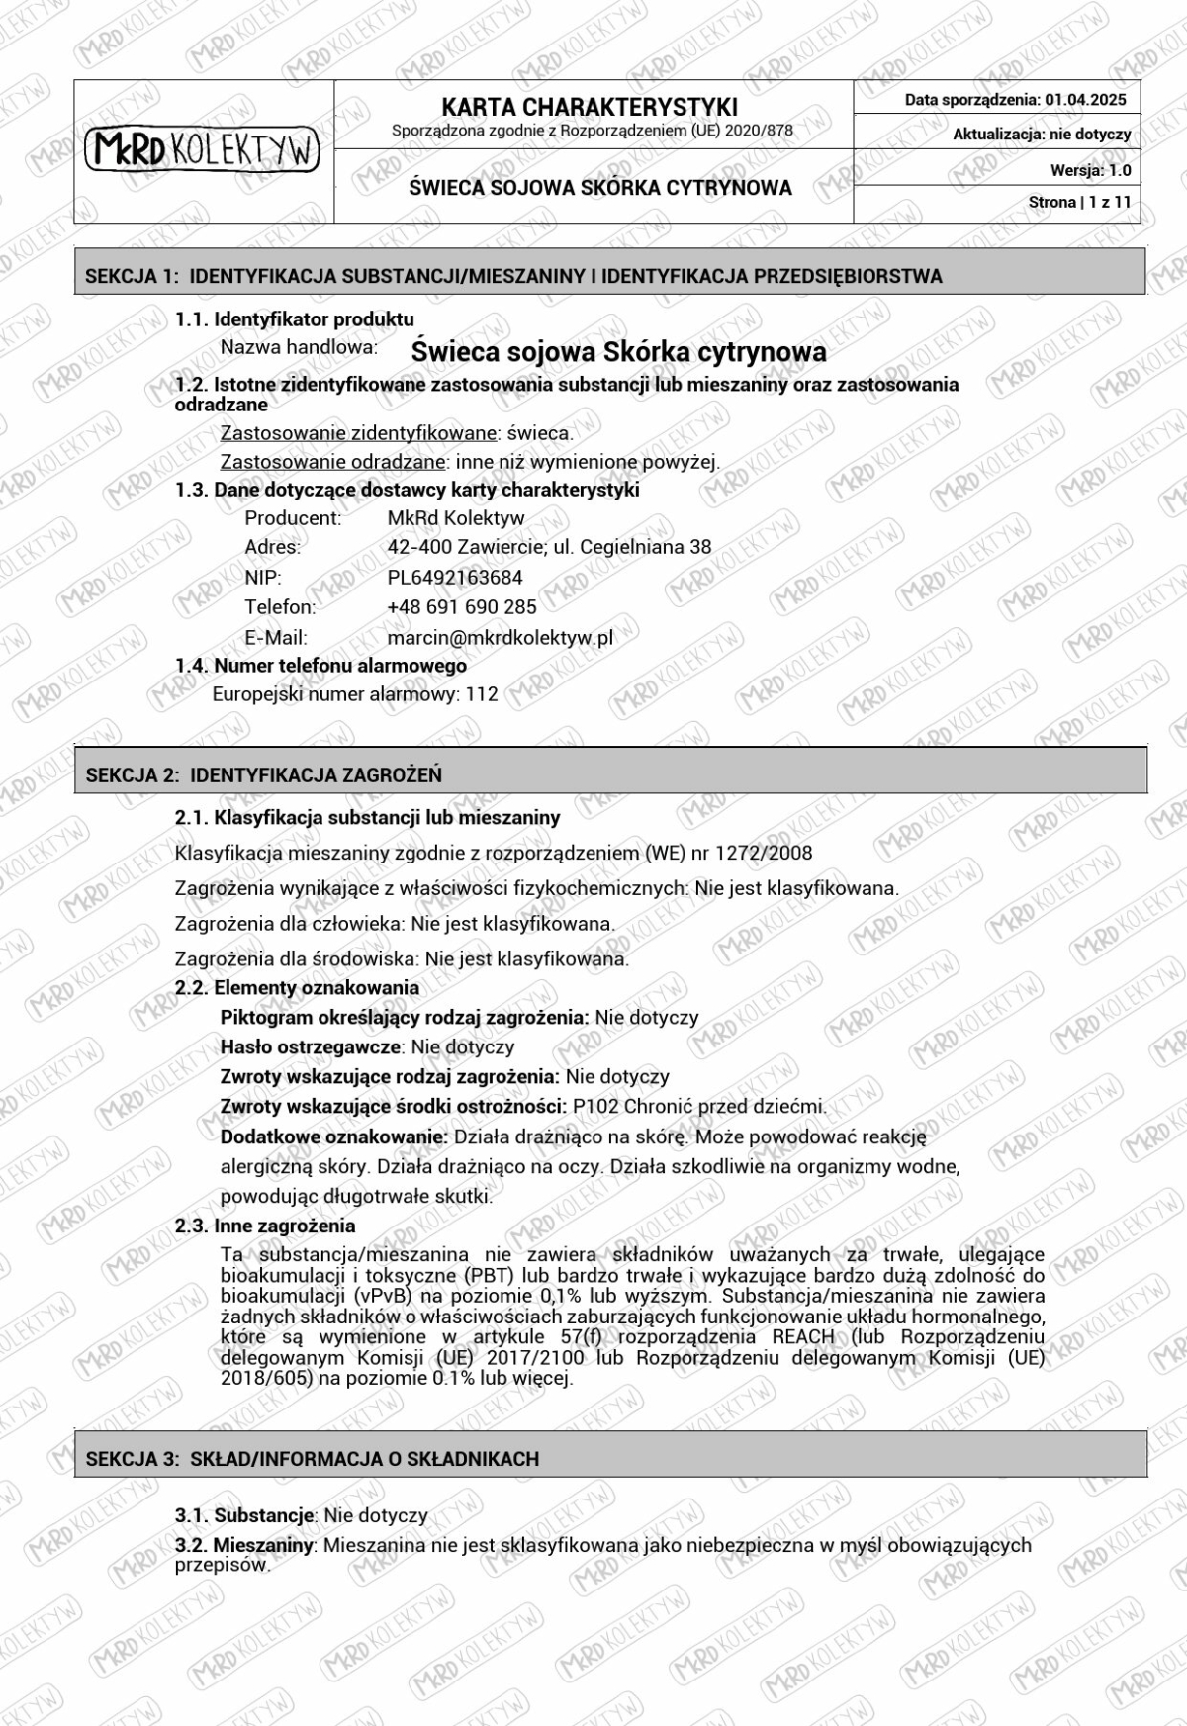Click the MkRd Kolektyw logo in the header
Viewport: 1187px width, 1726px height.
(x=203, y=150)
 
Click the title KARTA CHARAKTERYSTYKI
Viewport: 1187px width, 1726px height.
(x=590, y=107)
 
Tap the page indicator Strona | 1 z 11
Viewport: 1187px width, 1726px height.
(x=1079, y=202)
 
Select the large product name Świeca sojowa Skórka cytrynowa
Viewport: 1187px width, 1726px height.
(x=618, y=351)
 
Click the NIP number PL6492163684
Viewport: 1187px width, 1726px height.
(x=455, y=578)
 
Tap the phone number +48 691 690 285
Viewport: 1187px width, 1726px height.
(x=462, y=607)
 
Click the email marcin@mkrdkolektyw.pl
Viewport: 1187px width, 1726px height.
(x=500, y=638)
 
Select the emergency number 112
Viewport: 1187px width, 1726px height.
(x=482, y=694)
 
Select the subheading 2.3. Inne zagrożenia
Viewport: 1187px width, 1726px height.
(x=265, y=1226)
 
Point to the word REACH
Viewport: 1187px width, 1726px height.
(x=802, y=1337)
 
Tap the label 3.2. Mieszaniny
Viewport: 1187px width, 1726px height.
(x=244, y=1545)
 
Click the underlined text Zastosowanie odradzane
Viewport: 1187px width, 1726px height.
(x=332, y=462)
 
